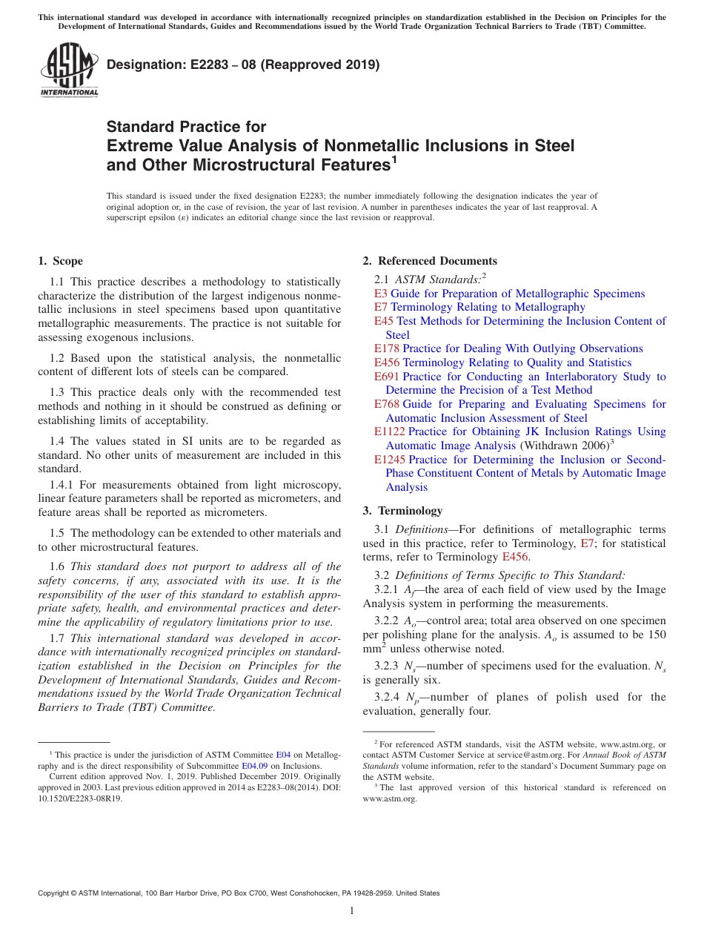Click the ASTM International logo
coord(69,70)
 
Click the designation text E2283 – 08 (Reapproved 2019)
coord(243,64)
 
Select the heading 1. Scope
coord(60,261)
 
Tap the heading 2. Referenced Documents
coord(430,261)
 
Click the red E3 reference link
coord(381,294)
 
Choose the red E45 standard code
coord(384,321)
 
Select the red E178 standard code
coord(387,348)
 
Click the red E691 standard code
coord(387,377)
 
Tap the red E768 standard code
coord(387,404)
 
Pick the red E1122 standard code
coord(390,431)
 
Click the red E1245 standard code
coord(390,460)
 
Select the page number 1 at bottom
coord(352,911)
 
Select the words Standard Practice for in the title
coord(186,127)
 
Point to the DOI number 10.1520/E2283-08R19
coord(80,799)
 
